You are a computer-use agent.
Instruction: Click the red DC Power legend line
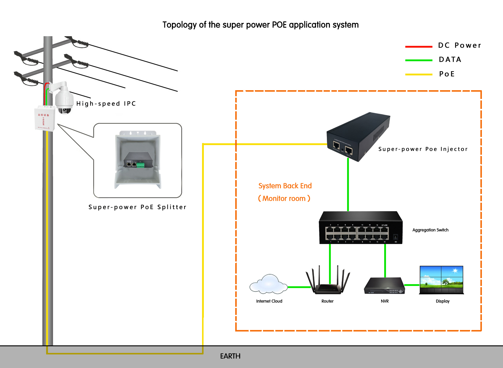click(419, 46)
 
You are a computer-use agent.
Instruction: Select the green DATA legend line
click(419, 60)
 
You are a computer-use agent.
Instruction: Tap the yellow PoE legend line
click(419, 74)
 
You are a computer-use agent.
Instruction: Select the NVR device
click(384, 287)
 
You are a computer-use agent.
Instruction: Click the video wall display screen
click(441, 280)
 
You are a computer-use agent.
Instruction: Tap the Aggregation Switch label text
click(430, 230)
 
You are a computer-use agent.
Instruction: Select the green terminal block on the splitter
click(141, 165)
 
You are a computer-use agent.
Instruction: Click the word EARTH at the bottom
click(230, 356)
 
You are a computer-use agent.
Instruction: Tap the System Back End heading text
click(285, 186)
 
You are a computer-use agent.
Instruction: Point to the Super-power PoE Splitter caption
click(138, 207)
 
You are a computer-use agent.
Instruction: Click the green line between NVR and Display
click(412, 285)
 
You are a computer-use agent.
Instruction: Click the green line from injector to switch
click(348, 186)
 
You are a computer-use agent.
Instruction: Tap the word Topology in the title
click(179, 25)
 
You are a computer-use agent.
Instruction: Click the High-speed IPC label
click(106, 104)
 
